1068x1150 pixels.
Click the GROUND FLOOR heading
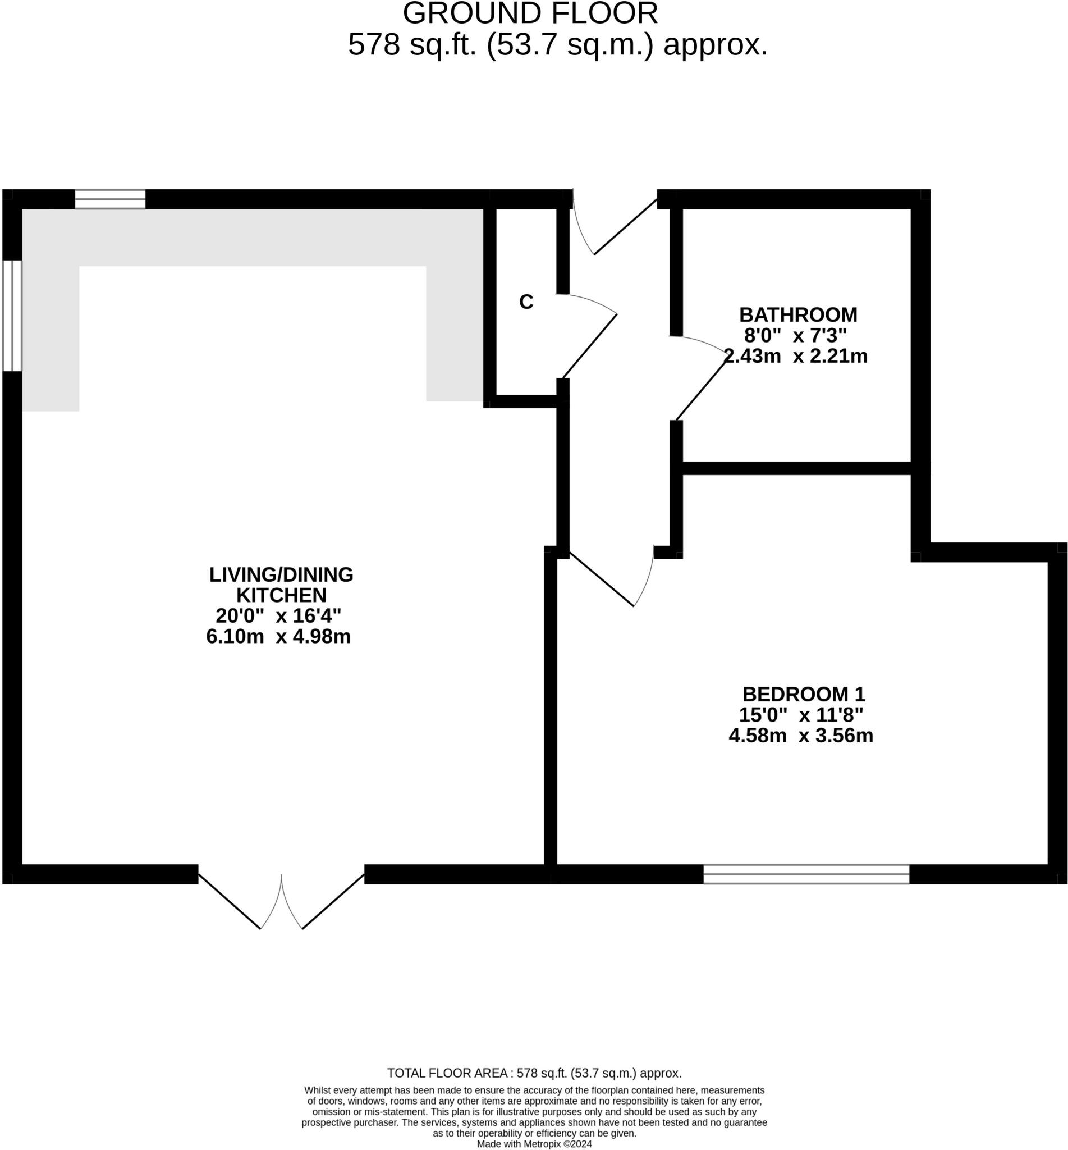pos(530,13)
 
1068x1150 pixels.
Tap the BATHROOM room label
pos(798,314)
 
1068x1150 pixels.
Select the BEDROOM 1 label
pos(803,694)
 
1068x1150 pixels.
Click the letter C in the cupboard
pos(526,302)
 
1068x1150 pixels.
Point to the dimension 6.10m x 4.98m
pos(278,637)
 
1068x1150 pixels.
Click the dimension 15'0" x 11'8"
pos(801,715)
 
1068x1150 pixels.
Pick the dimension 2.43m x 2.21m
pos(796,356)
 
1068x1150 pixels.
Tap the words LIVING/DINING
pos(281,574)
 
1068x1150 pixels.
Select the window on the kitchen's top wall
pos(110,199)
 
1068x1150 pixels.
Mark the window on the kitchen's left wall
pos(12,315)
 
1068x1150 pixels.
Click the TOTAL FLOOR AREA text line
pos(534,1073)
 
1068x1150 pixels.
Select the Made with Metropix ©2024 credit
pos(534,1144)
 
